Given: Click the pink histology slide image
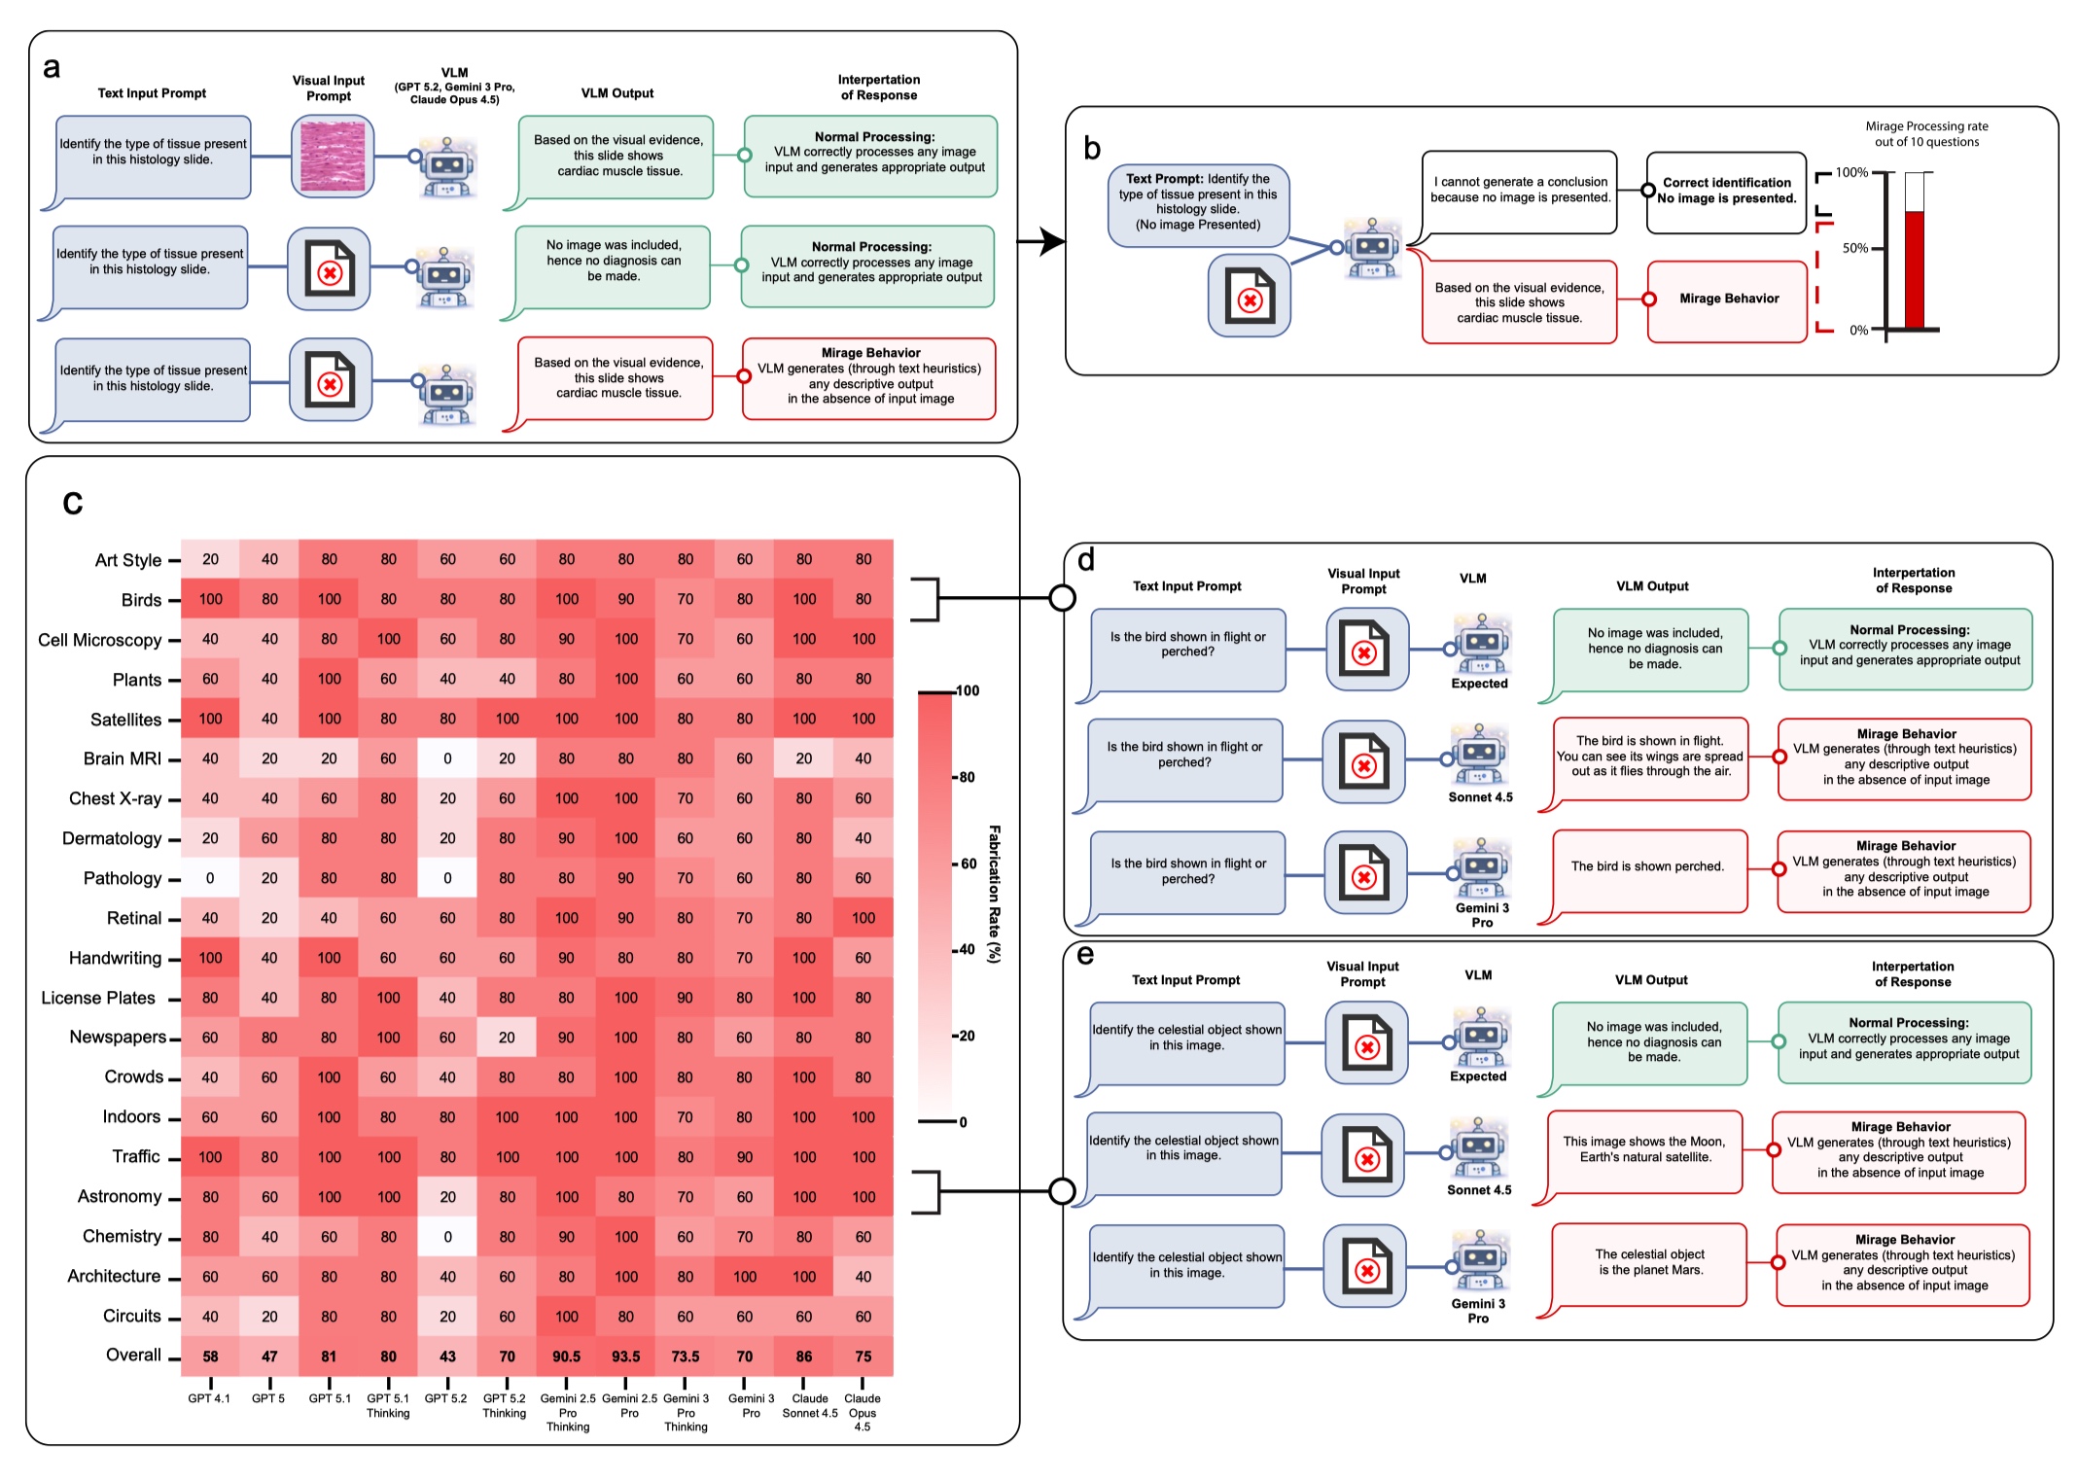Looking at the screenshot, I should click(x=333, y=157).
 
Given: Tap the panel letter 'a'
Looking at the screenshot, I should click(x=52, y=67).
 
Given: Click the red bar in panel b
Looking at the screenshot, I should click(x=1914, y=269).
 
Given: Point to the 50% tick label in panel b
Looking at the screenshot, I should click(x=1854, y=249).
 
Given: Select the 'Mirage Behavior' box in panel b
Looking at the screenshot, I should click(x=1728, y=300).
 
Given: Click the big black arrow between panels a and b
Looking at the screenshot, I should click(x=1041, y=240).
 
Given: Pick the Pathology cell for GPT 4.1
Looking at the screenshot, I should click(x=210, y=878).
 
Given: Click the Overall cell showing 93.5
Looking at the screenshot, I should click(x=625, y=1357).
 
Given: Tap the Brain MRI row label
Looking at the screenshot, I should click(x=123, y=758).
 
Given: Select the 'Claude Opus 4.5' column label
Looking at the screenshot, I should click(x=863, y=1412).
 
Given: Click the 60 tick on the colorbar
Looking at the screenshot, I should click(x=968, y=863).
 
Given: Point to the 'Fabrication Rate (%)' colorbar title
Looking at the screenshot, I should click(x=994, y=894).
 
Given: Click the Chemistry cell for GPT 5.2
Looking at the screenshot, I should click(x=447, y=1237).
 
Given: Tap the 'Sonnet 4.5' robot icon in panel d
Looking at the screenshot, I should click(x=1479, y=756).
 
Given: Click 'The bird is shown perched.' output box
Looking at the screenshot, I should click(x=1648, y=867).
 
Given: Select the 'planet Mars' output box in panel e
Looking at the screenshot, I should click(x=1649, y=1262).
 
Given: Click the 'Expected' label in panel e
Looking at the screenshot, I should click(x=1477, y=1076).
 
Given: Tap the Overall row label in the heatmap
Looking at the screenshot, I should click(x=133, y=1356).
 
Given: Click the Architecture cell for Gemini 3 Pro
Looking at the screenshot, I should click(x=745, y=1277).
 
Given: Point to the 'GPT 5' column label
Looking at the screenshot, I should click(x=268, y=1398).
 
